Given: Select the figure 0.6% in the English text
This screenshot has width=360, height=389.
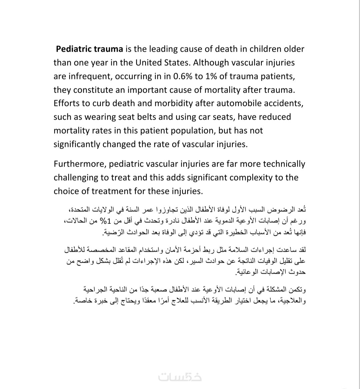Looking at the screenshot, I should click(x=183, y=76).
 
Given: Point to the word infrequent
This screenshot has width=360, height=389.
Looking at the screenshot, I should click(x=90, y=76).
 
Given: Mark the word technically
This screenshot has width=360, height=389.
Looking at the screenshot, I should click(x=284, y=164).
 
